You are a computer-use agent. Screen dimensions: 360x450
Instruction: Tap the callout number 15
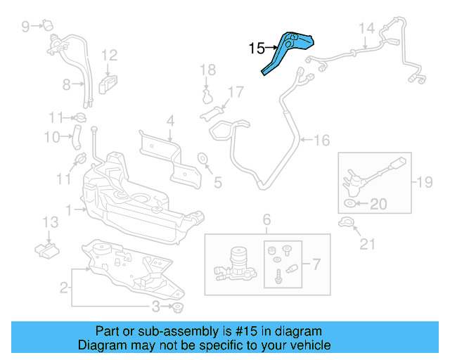click(x=257, y=49)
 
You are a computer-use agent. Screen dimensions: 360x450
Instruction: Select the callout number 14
click(x=366, y=29)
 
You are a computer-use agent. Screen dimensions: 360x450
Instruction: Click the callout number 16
click(x=321, y=141)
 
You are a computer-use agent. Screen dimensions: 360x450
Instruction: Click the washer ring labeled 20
click(x=350, y=204)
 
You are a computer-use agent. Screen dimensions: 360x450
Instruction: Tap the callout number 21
click(x=368, y=244)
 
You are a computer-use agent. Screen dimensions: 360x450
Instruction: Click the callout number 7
click(x=316, y=265)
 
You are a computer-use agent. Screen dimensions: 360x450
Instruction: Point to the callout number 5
click(x=217, y=183)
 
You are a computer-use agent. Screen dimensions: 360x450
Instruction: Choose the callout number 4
click(x=169, y=121)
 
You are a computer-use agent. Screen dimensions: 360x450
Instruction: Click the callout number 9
click(x=26, y=27)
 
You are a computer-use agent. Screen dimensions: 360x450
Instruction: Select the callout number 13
click(x=49, y=222)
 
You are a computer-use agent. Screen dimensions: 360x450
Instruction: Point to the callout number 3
click(x=156, y=307)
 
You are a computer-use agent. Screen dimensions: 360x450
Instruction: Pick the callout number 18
click(x=207, y=69)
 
